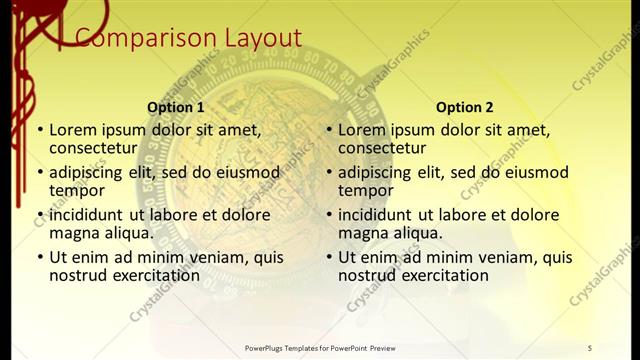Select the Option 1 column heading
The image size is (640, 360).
[176, 107]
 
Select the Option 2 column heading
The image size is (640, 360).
[465, 107]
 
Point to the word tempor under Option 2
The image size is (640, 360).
[366, 190]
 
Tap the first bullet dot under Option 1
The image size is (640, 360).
[40, 130]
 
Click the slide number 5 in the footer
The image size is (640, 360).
[590, 348]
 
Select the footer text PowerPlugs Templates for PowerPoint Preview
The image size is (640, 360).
[320, 348]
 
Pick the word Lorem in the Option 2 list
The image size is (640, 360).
[361, 129]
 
